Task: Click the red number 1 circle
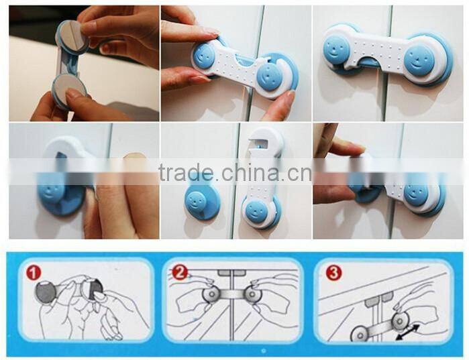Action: pyautogui.click(x=33, y=273)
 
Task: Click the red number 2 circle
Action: pyautogui.click(x=179, y=272)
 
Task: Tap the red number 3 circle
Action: pyautogui.click(x=333, y=272)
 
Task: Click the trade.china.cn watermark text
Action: pyautogui.click(x=236, y=173)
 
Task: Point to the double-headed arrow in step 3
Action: pyautogui.click(x=407, y=333)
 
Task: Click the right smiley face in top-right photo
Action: pyautogui.click(x=419, y=58)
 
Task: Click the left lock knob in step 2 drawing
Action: pyautogui.click(x=212, y=294)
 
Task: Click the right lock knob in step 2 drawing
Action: pyautogui.click(x=251, y=294)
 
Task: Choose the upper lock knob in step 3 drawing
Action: pyautogui.click(x=399, y=321)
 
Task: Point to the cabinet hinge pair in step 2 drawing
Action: pyautogui.click(x=231, y=273)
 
